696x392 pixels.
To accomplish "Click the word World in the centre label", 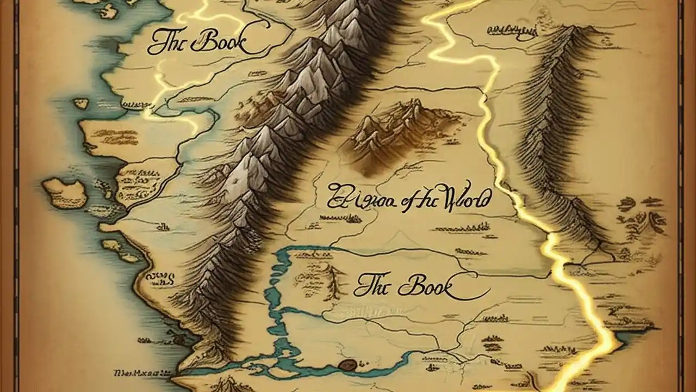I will tap(465, 199).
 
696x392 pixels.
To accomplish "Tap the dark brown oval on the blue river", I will tap(346, 364).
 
